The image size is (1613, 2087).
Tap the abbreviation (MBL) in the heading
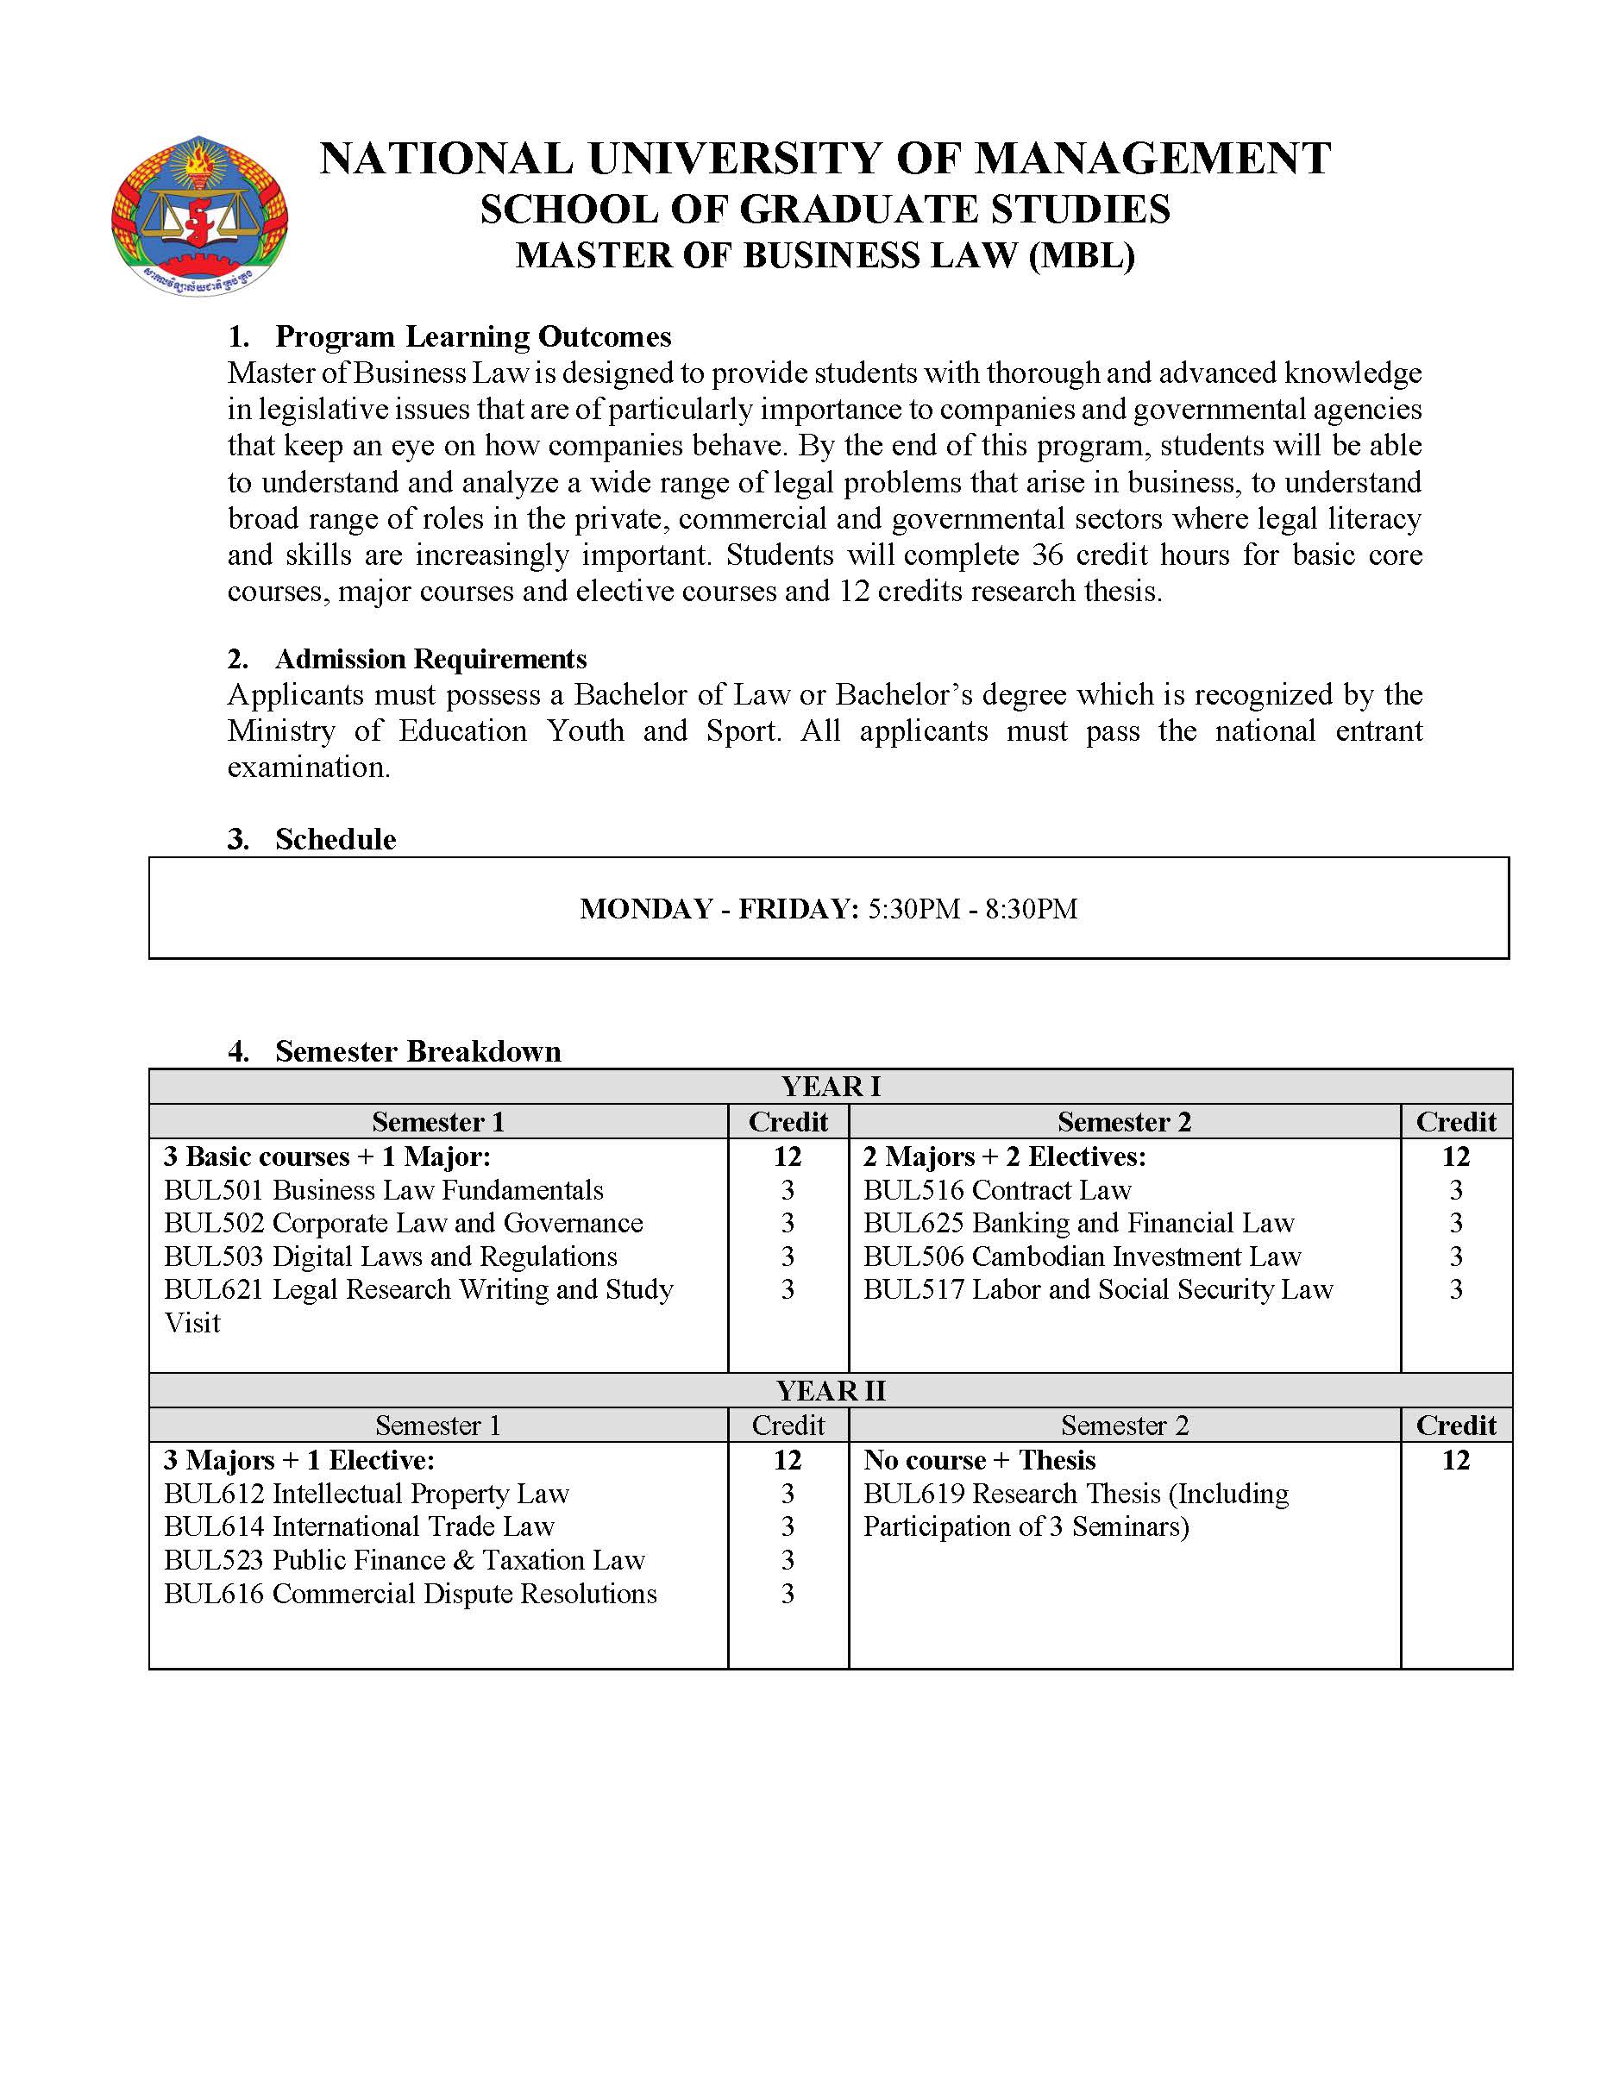(x=1081, y=256)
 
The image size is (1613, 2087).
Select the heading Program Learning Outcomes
(x=473, y=336)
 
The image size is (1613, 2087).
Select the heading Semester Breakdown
(x=417, y=1051)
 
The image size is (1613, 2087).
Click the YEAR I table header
(x=831, y=1087)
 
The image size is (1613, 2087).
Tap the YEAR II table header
(x=831, y=1390)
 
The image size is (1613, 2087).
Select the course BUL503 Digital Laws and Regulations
(x=390, y=1256)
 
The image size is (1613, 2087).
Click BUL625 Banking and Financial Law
(x=1078, y=1223)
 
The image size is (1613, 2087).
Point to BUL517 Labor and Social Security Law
(x=1097, y=1289)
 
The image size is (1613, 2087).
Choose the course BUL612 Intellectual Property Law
(x=366, y=1493)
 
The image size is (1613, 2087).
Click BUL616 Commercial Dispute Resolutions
(x=410, y=1593)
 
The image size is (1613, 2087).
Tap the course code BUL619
(x=913, y=1493)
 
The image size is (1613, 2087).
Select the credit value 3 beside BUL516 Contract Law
(x=1455, y=1190)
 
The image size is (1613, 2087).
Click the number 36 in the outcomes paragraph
(x=1048, y=555)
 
